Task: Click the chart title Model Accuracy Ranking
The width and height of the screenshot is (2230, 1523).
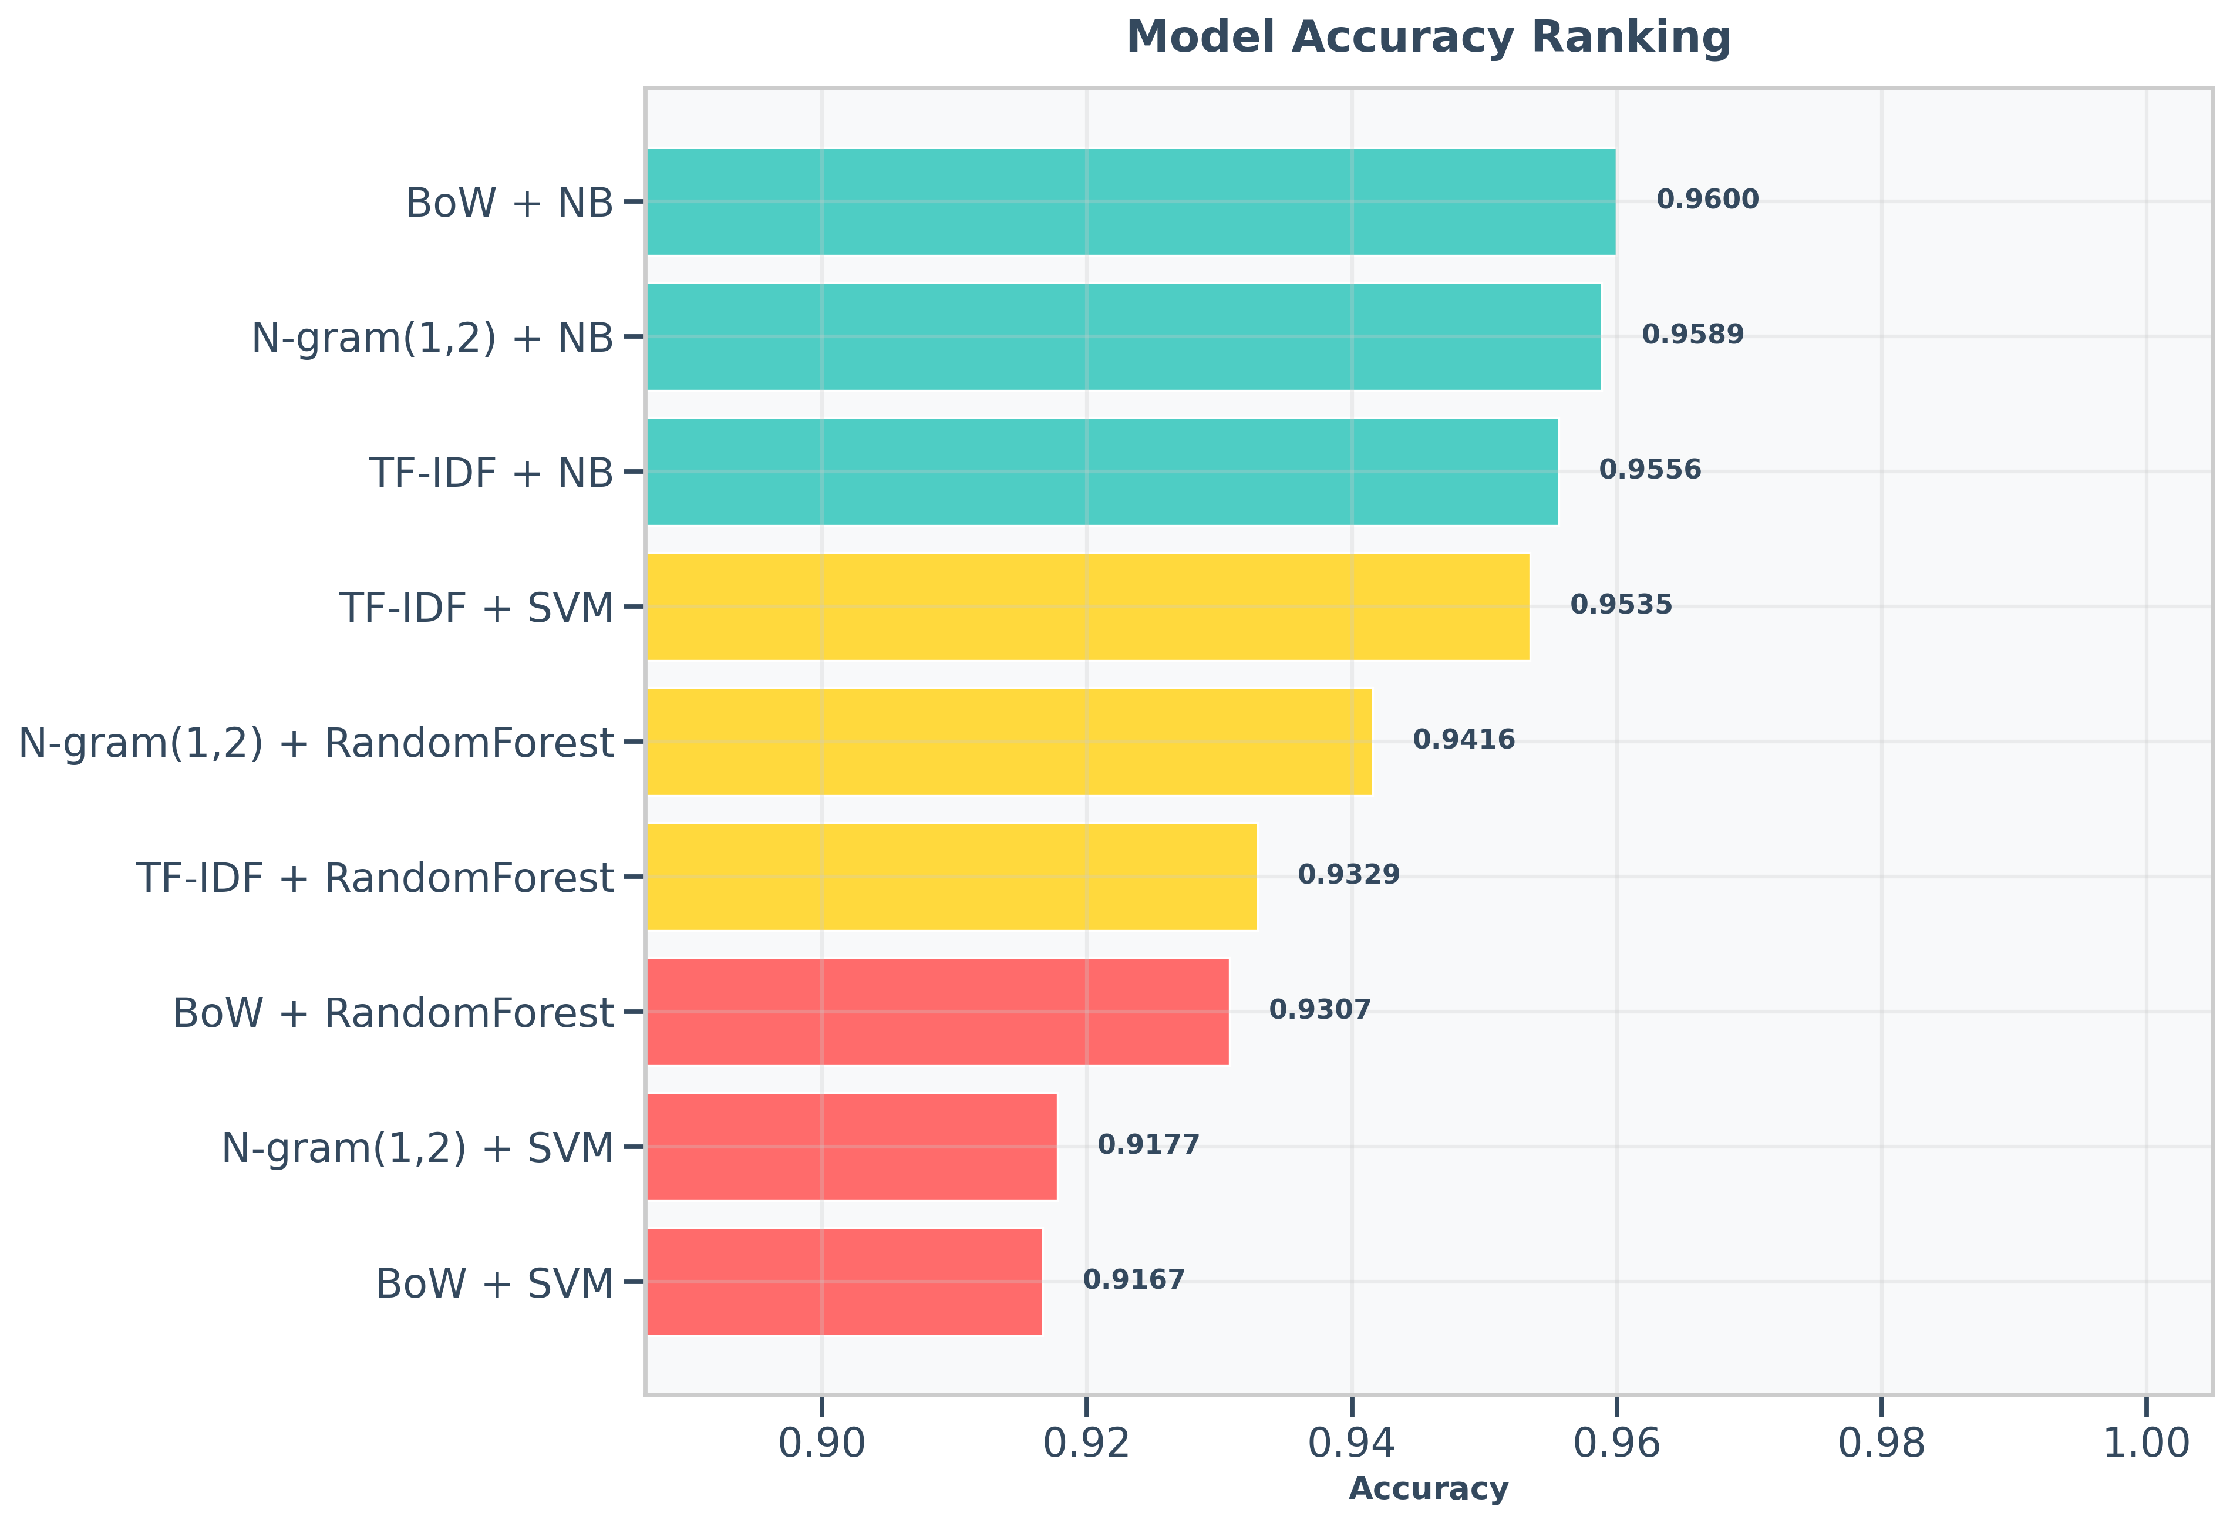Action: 1428,38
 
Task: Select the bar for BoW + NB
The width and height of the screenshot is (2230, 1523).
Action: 1130,201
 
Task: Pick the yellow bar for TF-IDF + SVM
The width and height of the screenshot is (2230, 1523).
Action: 1087,606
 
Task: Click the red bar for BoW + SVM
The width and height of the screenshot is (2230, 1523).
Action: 844,1281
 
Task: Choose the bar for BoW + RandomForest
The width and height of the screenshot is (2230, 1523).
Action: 938,1012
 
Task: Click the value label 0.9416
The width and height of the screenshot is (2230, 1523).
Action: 1463,740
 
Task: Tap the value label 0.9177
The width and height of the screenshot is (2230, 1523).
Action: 1148,1145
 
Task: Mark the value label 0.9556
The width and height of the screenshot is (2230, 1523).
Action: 1649,470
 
